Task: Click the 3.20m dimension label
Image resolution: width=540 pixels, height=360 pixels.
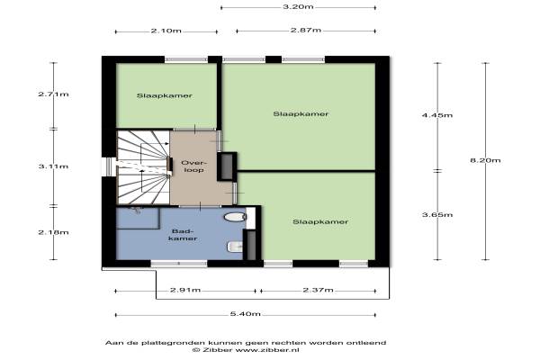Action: [298, 6]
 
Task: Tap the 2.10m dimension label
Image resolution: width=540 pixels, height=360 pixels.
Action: [166, 31]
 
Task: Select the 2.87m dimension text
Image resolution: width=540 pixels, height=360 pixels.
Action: [306, 30]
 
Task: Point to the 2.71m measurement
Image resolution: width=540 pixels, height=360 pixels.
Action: [53, 94]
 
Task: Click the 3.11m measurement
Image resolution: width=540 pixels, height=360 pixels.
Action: [53, 166]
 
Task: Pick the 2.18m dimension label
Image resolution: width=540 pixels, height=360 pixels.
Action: [53, 232]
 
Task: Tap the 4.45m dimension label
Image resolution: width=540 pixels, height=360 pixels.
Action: [437, 115]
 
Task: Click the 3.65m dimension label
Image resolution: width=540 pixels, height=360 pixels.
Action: [437, 214]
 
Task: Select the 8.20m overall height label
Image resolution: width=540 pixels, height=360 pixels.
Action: [485, 160]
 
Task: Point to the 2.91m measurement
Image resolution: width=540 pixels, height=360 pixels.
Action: [185, 290]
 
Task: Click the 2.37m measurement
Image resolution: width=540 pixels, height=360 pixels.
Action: [318, 290]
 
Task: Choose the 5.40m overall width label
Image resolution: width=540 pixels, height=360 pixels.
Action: [245, 314]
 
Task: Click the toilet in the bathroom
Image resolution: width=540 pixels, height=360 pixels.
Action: [235, 217]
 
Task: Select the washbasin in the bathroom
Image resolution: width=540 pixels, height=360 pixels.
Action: [235, 247]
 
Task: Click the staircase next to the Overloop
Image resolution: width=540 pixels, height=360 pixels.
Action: [143, 167]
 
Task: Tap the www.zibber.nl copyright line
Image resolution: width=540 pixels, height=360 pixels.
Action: [245, 350]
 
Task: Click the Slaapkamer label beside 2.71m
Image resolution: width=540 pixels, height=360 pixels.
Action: [165, 95]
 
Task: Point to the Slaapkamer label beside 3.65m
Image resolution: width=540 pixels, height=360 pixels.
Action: [320, 222]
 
